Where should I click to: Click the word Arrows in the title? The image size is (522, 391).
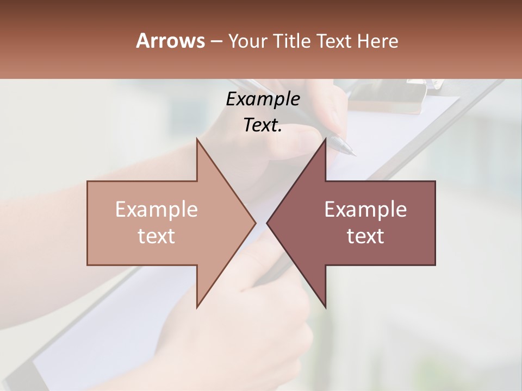coord(170,41)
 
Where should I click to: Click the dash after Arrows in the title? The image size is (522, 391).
coord(216,42)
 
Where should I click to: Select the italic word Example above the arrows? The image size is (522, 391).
coord(263,99)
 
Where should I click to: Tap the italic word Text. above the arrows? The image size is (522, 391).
coord(263,125)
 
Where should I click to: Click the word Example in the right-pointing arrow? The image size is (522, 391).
coord(156,210)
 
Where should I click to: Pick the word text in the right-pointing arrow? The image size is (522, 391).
coord(156,236)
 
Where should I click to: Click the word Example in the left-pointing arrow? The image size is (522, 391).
coord(365,210)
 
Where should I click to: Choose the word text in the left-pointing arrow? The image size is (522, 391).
coord(365,236)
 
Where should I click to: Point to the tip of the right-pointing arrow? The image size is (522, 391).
coord(256,223)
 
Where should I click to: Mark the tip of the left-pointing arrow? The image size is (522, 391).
coord(267,223)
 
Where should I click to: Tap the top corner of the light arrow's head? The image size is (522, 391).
coord(197,139)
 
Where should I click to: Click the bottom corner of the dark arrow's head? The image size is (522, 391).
coord(326,307)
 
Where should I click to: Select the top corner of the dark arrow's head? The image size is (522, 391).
coord(326,139)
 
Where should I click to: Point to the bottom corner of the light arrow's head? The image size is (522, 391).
coord(197,307)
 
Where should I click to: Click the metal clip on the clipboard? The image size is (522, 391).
coord(421,83)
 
